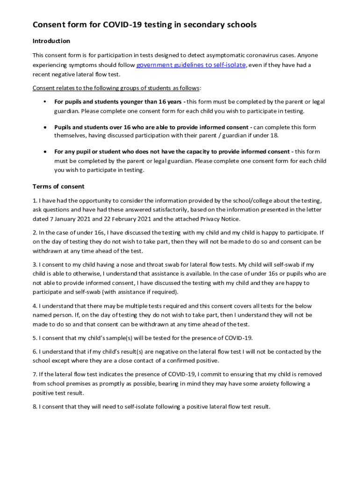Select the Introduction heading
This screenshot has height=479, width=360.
[x=51, y=41]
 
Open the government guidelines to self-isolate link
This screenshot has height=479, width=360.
[x=191, y=65]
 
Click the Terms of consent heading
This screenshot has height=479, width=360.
[x=58, y=186]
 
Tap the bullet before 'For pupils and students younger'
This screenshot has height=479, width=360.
[x=44, y=102]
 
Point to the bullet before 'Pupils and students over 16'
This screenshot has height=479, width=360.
[x=44, y=127]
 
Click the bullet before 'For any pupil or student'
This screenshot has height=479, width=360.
[x=44, y=152]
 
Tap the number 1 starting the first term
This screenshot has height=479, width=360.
[x=35, y=201]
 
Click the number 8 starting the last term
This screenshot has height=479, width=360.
[x=35, y=406]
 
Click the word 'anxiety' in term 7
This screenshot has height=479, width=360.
[x=262, y=384]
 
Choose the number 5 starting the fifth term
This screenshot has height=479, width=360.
[x=35, y=338]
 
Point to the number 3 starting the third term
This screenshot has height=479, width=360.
[x=35, y=265]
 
